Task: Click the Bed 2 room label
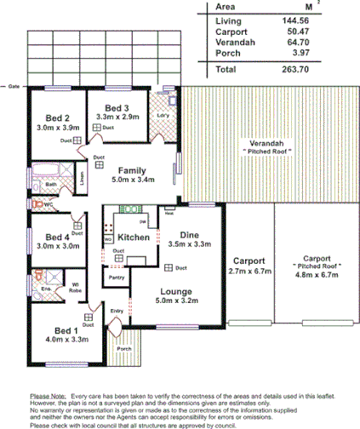pyautogui.click(x=57, y=118)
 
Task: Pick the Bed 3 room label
pyautogui.click(x=112, y=107)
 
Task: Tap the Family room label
pyautogui.click(x=132, y=170)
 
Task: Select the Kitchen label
pyautogui.click(x=134, y=237)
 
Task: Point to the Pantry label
pyautogui.click(x=116, y=277)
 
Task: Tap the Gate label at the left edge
pyautogui.click(x=14, y=87)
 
